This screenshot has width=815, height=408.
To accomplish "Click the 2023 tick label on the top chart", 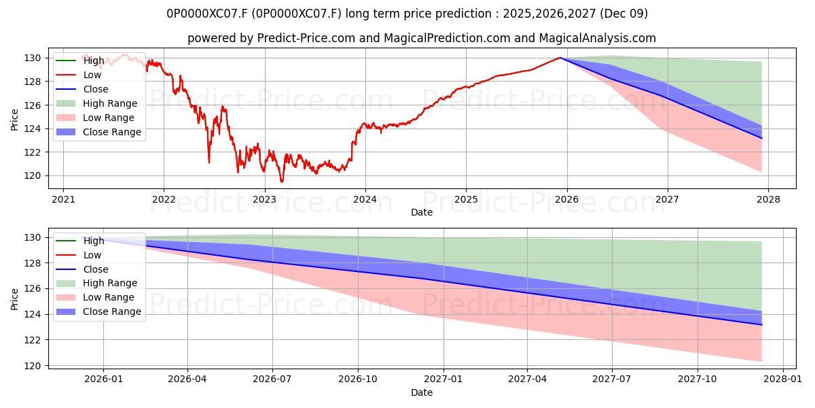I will tap(264, 199).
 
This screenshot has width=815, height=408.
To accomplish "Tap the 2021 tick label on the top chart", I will tap(63, 199).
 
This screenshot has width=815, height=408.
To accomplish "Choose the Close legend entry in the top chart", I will tap(96, 89).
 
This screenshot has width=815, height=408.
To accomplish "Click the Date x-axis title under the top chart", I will tap(422, 213).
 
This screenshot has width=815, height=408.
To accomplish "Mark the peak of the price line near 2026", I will tap(560, 58).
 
